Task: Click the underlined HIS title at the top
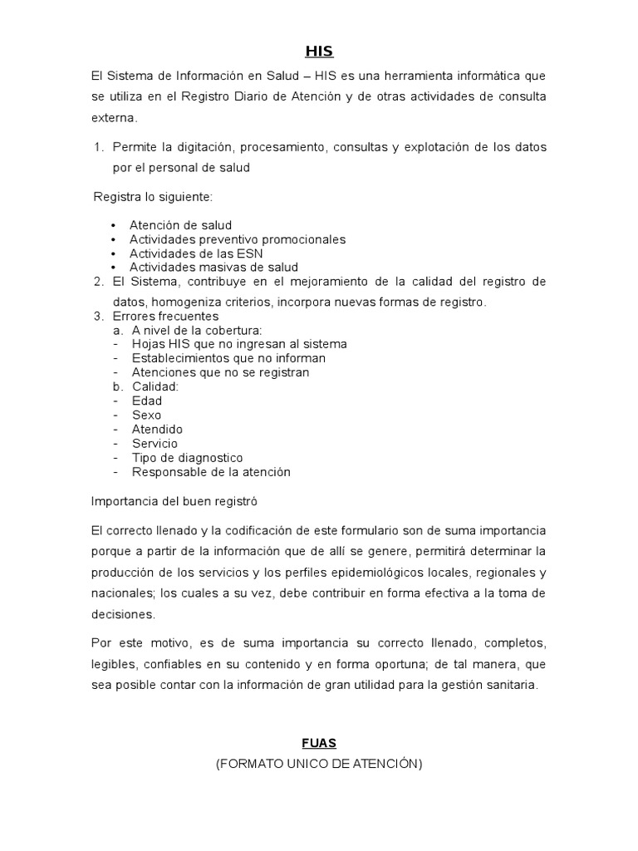pos(319,52)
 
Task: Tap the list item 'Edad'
pos(147,401)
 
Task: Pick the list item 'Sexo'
pos(146,415)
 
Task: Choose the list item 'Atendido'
pos(157,429)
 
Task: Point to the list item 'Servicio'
pos(155,443)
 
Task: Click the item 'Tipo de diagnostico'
pos(187,457)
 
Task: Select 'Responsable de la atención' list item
pos(211,471)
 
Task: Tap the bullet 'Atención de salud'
pos(180,225)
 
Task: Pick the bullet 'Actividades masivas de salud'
pos(213,268)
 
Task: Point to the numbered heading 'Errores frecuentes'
pos(165,316)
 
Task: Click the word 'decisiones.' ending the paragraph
pos(123,614)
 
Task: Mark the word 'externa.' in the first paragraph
pos(114,118)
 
